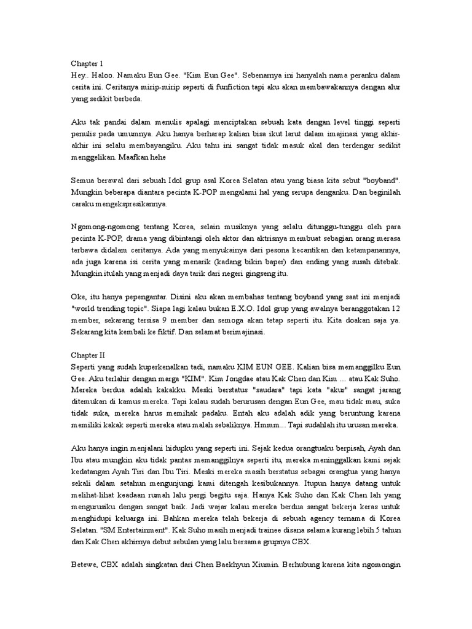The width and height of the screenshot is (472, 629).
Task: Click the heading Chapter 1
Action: coord(88,63)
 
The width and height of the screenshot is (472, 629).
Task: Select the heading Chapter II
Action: coord(89,354)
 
